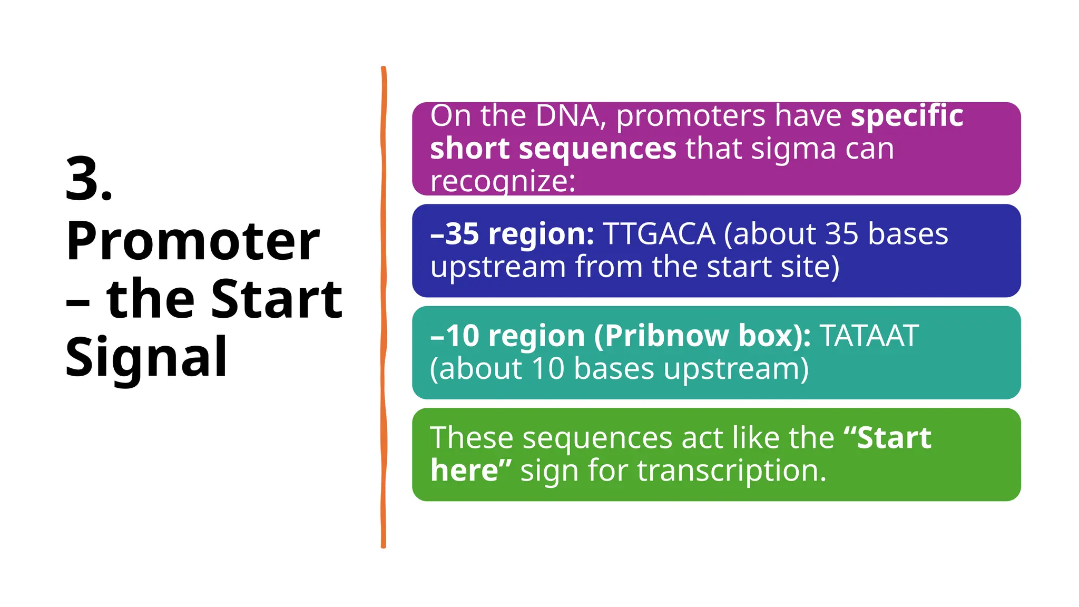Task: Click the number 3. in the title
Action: pos(89,180)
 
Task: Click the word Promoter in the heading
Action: pos(193,242)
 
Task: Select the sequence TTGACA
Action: pos(659,234)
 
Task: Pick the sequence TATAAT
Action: pos(869,336)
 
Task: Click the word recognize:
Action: pos(503,182)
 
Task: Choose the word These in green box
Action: pos(472,438)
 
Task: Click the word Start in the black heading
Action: pos(277,299)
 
